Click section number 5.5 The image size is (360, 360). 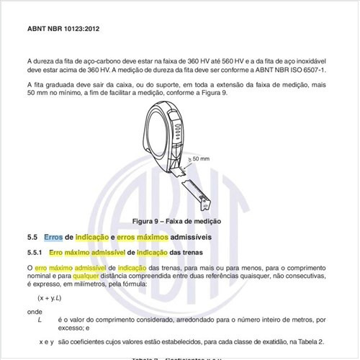point(32,237)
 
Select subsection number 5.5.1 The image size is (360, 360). point(36,253)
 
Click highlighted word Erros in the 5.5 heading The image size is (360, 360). point(53,237)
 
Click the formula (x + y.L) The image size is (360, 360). point(49,297)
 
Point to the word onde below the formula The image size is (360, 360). point(34,311)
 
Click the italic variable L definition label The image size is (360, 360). point(40,319)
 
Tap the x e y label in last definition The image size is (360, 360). point(46,342)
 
